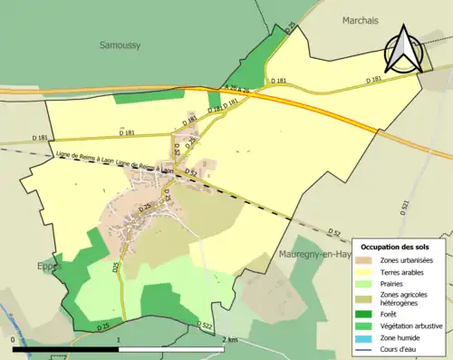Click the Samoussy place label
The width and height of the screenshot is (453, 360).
point(119,44)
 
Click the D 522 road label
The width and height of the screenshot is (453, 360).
point(205,326)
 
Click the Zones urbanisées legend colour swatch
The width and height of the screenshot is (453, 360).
point(367,261)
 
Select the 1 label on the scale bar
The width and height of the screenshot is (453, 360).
point(120,338)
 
